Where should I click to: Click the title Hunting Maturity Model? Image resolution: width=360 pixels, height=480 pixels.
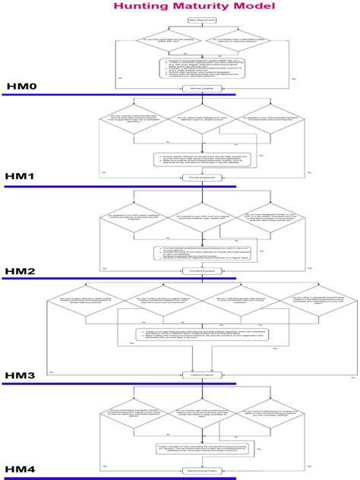(x=179, y=7)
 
